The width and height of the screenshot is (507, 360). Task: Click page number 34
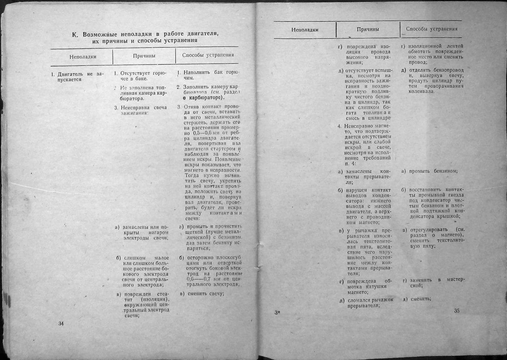[61, 324]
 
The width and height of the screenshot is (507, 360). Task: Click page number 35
[456, 311]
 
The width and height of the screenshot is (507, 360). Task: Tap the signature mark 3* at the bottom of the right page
[277, 312]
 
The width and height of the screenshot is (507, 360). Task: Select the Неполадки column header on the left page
[83, 56]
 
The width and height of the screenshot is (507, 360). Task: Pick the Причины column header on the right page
[368, 29]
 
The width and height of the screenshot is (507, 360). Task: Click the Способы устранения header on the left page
[208, 55]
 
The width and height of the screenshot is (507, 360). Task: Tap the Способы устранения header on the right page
[431, 29]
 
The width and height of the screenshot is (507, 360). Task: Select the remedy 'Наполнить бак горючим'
[208, 75]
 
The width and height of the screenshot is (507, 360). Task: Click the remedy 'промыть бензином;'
[431, 171]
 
